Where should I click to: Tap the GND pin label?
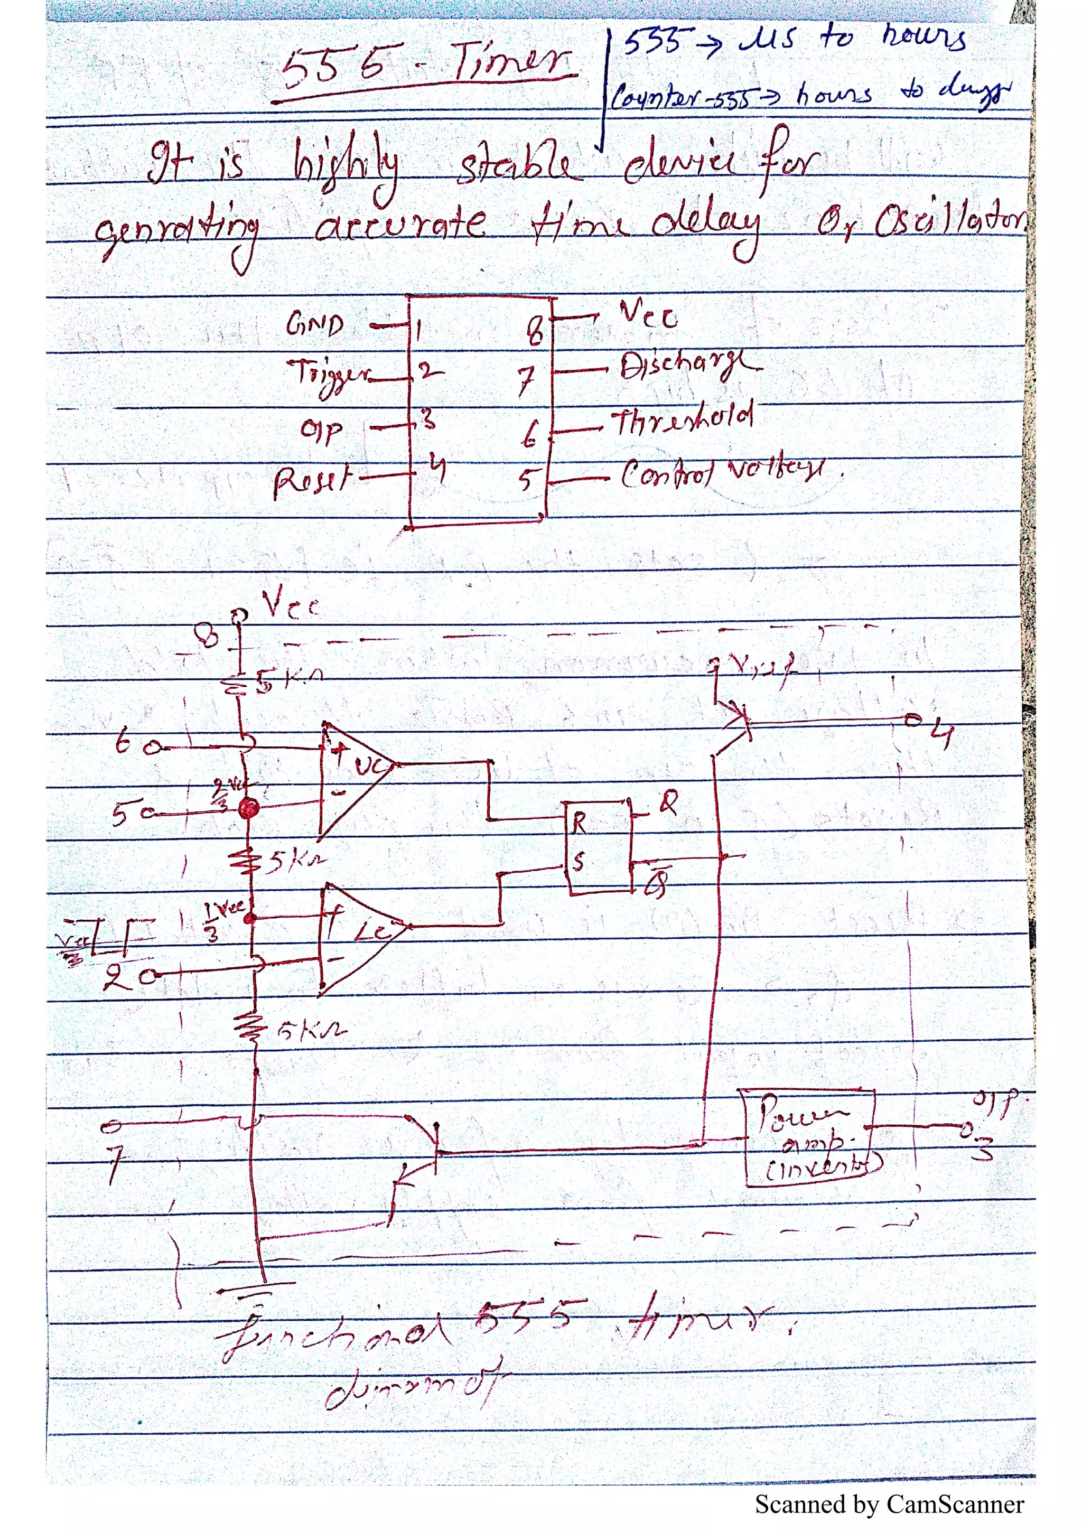pyautogui.click(x=315, y=325)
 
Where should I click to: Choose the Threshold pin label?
pyautogui.click(x=683, y=419)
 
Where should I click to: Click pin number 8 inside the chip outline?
pyautogui.click(x=535, y=330)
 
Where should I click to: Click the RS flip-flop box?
pyautogui.click(x=598, y=847)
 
